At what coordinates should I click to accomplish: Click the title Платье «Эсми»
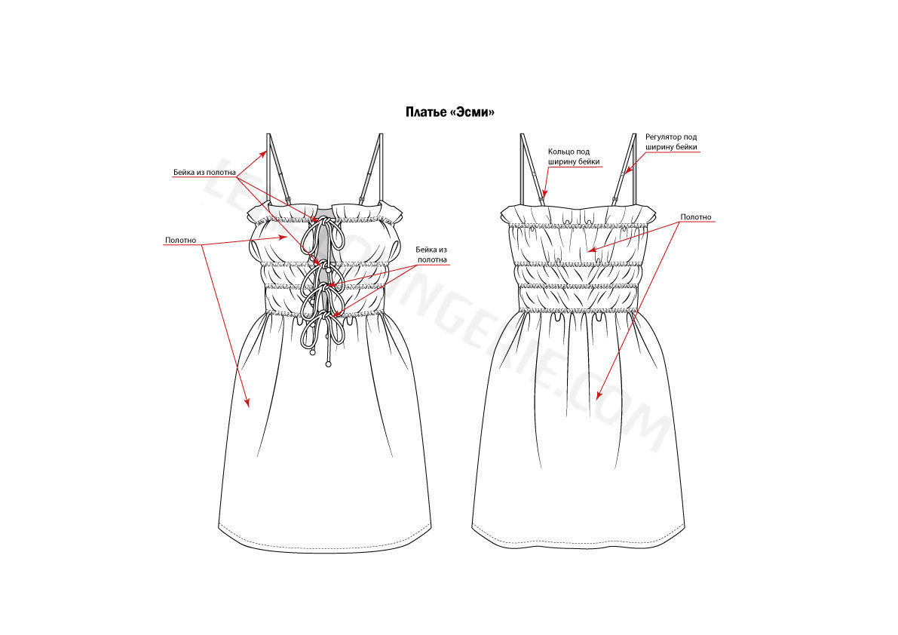(449, 112)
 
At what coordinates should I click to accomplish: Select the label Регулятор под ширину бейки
(671, 142)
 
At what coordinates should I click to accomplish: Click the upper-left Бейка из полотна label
(204, 173)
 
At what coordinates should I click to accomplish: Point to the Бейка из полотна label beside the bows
(432, 255)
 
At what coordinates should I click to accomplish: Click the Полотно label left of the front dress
(180, 241)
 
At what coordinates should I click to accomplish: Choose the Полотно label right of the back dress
(696, 217)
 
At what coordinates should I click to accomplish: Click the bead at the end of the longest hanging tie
(328, 364)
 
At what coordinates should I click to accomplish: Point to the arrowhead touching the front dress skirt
(247, 402)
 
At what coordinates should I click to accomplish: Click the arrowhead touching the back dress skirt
(599, 394)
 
